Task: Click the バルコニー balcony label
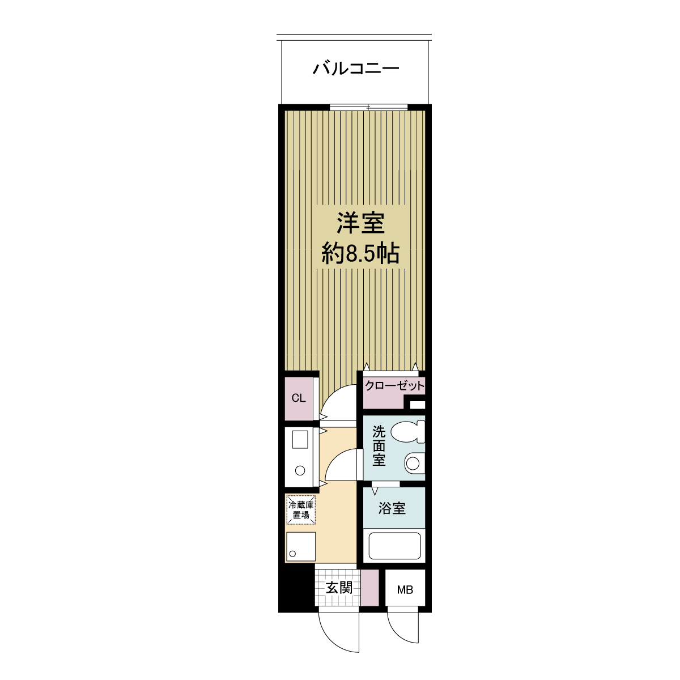coord(356,68)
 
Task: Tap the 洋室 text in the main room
coord(360,223)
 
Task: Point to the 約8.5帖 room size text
coord(360,253)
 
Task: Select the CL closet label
coord(299,398)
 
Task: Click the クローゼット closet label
coord(394,386)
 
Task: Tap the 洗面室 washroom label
coord(379,446)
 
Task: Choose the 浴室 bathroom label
coord(392,508)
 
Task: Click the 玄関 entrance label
coord(338,588)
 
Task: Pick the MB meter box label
coord(405,589)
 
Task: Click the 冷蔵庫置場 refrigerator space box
coord(301,509)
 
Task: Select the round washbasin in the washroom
coord(413,462)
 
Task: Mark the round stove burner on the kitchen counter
coord(300,470)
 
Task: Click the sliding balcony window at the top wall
coord(368,107)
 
